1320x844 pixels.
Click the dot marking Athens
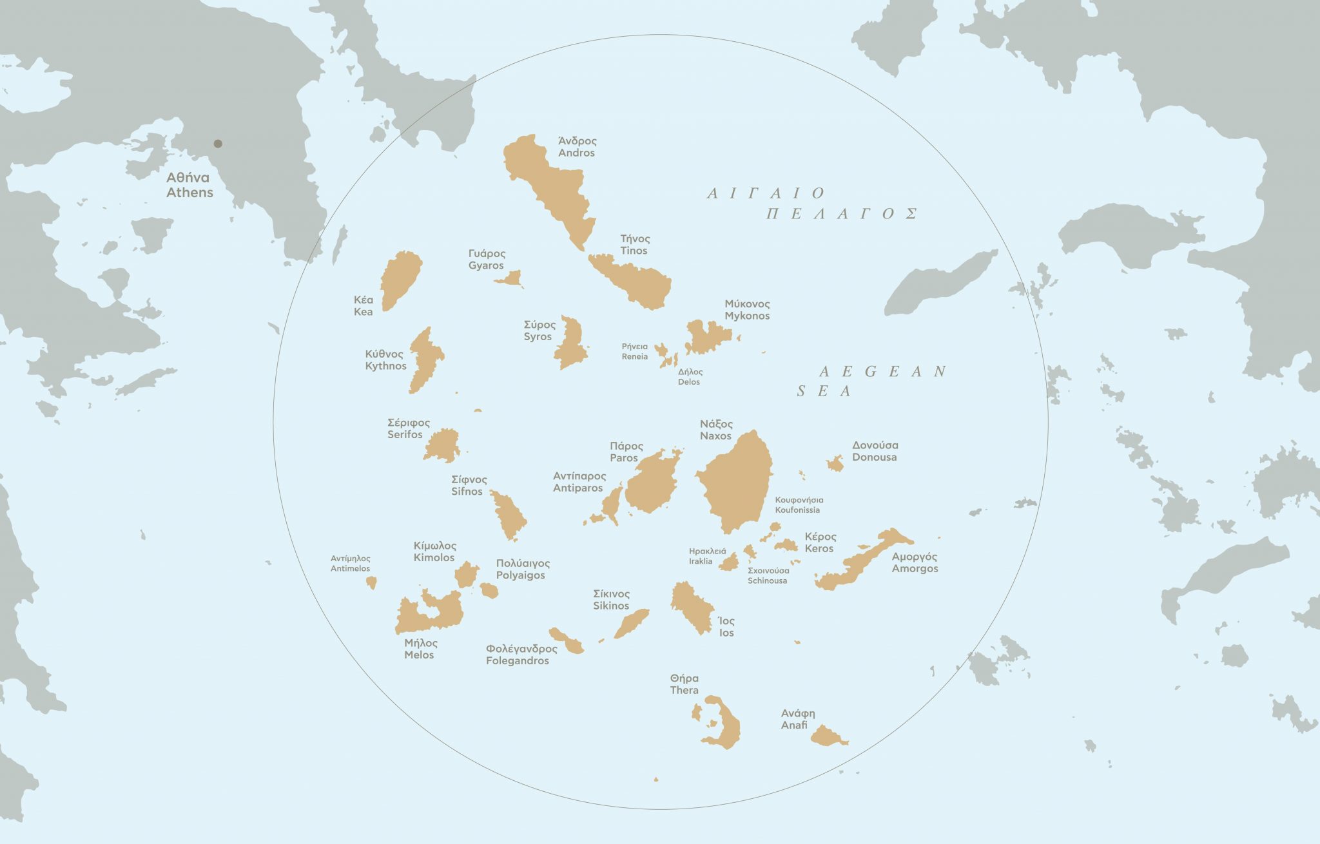218,144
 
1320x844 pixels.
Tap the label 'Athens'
189,193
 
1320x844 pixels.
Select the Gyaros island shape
511,280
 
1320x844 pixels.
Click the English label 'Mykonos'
747,316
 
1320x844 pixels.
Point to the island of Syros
571,343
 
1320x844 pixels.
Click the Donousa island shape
835,464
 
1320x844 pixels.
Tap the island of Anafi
828,736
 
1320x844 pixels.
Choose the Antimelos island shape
371,582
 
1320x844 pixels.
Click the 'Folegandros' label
518,661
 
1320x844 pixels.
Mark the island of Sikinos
631,623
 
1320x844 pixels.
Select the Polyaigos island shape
489,590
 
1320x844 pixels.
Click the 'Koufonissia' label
797,510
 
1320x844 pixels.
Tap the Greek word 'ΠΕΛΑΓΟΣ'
842,214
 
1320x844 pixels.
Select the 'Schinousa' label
768,581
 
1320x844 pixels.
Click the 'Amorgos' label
915,569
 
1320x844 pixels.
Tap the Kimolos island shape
466,573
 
